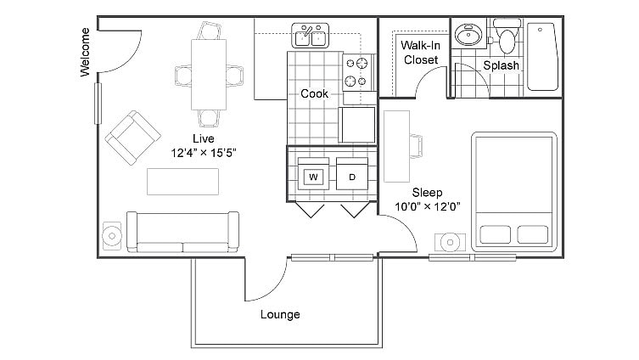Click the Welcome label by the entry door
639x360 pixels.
click(85, 53)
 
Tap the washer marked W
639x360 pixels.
click(313, 177)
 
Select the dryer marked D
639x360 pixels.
click(351, 177)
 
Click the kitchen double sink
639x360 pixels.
click(311, 36)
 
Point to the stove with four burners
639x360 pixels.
click(358, 73)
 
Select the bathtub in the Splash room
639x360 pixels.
click(542, 56)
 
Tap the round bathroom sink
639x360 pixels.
click(466, 35)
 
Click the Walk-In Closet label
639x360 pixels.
click(420, 53)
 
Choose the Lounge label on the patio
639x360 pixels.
click(280, 314)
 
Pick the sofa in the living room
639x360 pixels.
click(182, 232)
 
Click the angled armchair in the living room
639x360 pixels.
click(132, 138)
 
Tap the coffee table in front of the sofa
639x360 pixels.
click(183, 181)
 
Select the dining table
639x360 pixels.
click(209, 75)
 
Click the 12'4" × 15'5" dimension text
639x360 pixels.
click(203, 154)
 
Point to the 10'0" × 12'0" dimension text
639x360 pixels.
click(428, 206)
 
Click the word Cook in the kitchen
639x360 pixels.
click(315, 93)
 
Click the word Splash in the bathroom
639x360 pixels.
click(501, 65)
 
